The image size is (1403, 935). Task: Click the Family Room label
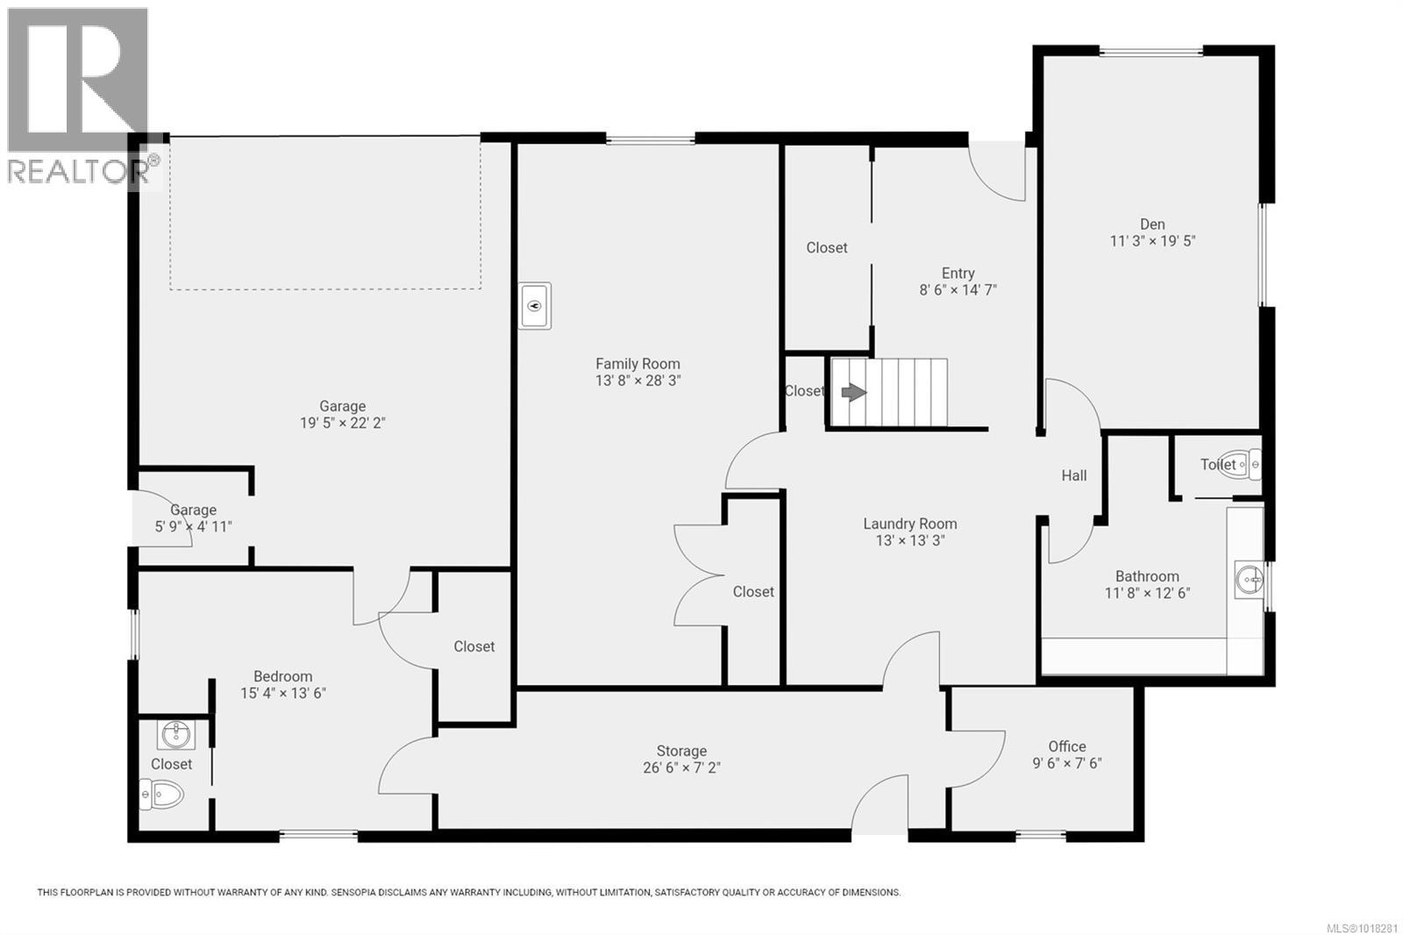(637, 364)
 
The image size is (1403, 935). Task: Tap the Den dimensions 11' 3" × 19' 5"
(1152, 241)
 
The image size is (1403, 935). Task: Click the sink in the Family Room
(535, 306)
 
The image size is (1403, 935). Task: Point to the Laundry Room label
(909, 524)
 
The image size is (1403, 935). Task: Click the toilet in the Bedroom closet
(163, 796)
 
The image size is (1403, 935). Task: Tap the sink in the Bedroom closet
(177, 732)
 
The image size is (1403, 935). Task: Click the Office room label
(1066, 746)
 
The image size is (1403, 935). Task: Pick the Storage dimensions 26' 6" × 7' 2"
(681, 768)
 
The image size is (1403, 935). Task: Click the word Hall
(1073, 475)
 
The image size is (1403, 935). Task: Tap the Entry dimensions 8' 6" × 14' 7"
(958, 290)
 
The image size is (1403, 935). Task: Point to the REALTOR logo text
(79, 171)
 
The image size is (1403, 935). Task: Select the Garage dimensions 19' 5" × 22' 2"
(342, 423)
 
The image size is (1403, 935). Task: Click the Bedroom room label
(282, 676)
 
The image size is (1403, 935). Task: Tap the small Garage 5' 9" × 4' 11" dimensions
(193, 527)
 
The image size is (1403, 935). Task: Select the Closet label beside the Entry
(827, 248)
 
